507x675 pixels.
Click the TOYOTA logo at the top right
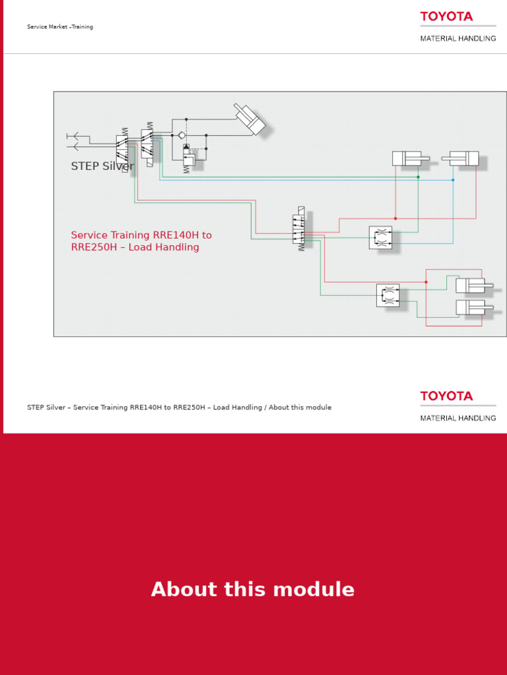(x=446, y=16)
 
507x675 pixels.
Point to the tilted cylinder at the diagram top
(x=250, y=120)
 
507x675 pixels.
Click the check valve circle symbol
(x=182, y=135)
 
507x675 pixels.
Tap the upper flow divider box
(x=380, y=238)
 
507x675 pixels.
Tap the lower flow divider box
(x=388, y=295)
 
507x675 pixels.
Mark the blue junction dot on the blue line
(x=453, y=180)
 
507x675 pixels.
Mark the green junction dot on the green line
(x=418, y=177)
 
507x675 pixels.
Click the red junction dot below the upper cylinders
(x=395, y=218)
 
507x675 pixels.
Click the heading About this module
(x=253, y=589)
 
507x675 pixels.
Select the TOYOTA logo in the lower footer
(x=446, y=396)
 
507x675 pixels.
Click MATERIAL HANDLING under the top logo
(x=458, y=39)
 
